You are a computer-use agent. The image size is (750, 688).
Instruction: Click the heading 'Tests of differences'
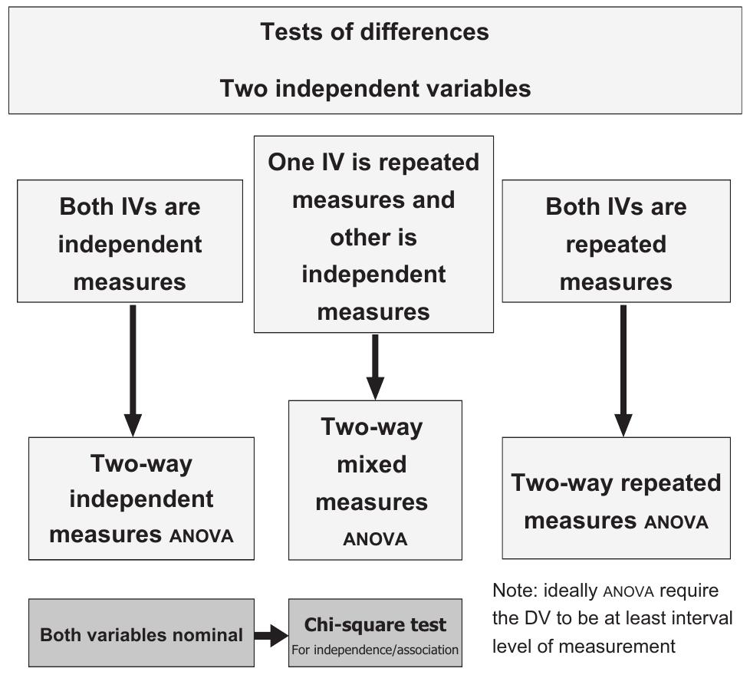pyautogui.click(x=374, y=32)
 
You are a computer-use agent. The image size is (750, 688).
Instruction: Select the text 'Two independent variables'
pyautogui.click(x=375, y=88)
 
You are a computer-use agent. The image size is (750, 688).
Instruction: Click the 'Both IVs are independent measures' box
pyautogui.click(x=130, y=242)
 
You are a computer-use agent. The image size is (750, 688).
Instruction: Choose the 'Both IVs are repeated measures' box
pyautogui.click(x=616, y=242)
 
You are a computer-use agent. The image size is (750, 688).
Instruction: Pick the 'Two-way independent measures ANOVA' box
pyautogui.click(x=141, y=499)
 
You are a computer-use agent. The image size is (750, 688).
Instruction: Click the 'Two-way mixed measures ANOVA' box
pyautogui.click(x=375, y=480)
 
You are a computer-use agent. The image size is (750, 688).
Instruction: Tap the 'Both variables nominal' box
pyautogui.click(x=141, y=634)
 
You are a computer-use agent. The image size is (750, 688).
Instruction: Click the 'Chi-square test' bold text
pyautogui.click(x=375, y=624)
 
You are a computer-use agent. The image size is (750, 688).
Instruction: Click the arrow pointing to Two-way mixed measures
pyautogui.click(x=375, y=367)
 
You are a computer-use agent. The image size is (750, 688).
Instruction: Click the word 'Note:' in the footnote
pyautogui.click(x=514, y=591)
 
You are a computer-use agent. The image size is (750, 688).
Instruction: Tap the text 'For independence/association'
pyautogui.click(x=375, y=650)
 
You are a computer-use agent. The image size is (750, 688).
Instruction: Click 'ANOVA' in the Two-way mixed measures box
pyautogui.click(x=375, y=539)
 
